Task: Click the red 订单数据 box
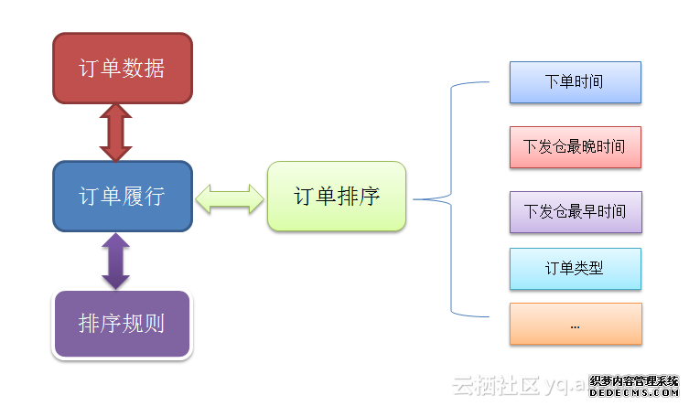click(123, 68)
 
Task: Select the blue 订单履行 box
click(123, 196)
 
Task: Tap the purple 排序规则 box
click(123, 324)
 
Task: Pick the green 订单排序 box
click(336, 196)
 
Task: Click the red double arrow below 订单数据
click(116, 132)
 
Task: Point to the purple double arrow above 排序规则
click(116, 261)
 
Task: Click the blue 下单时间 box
click(575, 82)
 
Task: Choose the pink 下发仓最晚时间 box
click(575, 146)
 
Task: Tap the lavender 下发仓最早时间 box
click(575, 211)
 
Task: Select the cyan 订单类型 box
click(575, 268)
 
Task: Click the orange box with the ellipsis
click(575, 324)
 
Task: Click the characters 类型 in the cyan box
click(589, 268)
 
